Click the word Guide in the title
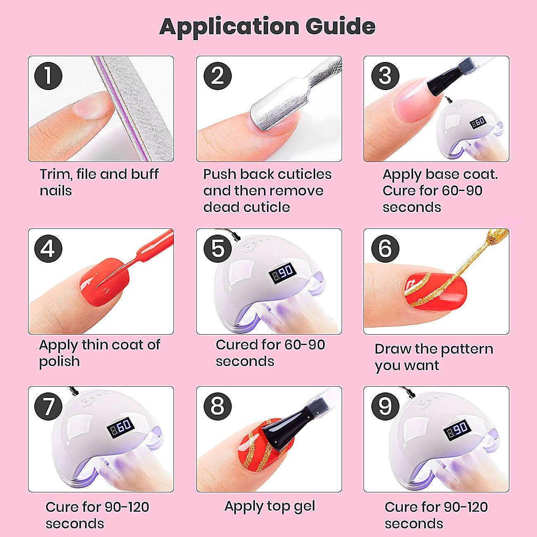coord(340,26)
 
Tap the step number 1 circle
coord(48,76)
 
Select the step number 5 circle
coord(218,248)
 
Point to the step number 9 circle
coord(385,406)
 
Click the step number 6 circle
coord(385,248)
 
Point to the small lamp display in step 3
coord(478,122)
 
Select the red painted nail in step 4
coord(105,282)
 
